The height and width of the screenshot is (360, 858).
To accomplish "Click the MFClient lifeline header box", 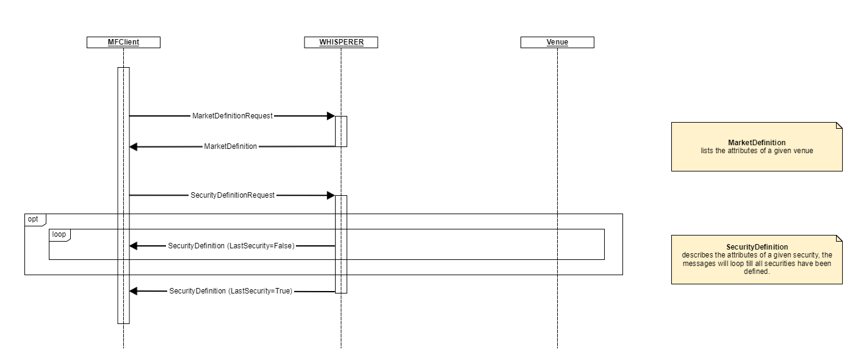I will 123,42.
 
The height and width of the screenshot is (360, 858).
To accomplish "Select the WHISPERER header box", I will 341,42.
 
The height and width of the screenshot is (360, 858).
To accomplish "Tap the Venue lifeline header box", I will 557,42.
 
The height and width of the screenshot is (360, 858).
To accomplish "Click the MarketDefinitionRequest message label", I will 232,116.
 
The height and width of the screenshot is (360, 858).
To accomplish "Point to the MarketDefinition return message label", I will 230,146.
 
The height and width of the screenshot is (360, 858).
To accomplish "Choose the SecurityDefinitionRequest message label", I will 233,195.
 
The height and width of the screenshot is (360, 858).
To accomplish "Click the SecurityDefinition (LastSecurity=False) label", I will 231,246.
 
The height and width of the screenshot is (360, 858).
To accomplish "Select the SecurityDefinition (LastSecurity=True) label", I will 231,292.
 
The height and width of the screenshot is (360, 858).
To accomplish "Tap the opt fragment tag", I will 34,218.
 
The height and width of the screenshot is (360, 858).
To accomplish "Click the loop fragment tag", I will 59,234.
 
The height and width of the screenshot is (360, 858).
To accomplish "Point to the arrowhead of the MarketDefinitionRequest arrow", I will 330,116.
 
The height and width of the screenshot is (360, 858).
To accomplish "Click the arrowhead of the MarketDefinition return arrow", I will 134,146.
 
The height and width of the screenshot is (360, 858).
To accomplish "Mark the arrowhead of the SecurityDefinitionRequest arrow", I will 330,195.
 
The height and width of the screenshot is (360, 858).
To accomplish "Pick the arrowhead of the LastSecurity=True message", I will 134,292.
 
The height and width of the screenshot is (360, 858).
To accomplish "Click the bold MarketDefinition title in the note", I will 757,143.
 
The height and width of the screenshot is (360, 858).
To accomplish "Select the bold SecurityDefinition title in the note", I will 757,247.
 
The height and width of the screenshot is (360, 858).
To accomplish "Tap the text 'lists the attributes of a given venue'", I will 757,150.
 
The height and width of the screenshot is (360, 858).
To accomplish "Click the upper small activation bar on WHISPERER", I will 341,131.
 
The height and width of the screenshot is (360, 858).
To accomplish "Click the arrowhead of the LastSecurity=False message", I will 134,246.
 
